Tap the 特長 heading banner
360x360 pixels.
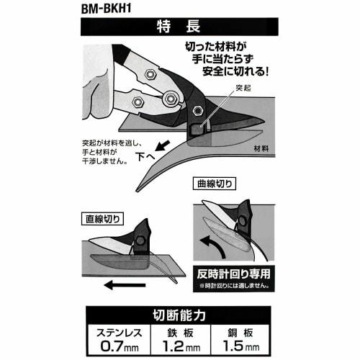(x=179, y=28)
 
